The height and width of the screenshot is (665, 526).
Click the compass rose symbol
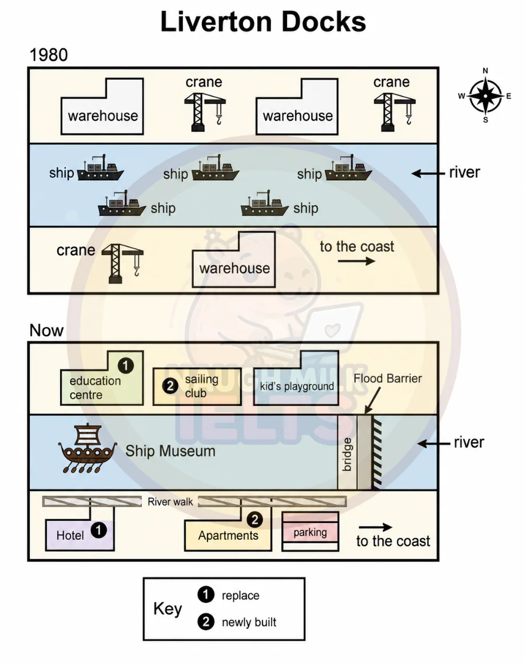485,96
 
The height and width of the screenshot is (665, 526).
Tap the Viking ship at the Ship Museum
88,448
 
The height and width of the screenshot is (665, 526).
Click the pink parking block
310,532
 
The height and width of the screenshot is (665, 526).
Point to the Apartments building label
228,536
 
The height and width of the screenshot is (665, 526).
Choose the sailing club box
197,387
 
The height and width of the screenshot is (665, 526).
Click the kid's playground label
297,387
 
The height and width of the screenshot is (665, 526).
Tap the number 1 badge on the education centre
126,365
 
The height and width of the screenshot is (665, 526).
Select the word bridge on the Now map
347,455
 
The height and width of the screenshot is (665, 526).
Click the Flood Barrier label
388,379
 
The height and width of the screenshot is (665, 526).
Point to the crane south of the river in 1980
123,263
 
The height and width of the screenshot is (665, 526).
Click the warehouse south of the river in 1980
234,260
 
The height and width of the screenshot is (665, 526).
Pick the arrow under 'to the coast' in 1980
356,261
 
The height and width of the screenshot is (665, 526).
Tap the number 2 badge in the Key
206,622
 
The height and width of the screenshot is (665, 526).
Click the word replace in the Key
241,595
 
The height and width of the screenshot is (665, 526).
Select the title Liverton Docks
263,22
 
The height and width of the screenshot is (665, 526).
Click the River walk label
170,501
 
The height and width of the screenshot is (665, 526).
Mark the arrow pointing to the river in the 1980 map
428,173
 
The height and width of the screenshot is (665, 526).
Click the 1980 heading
49,55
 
